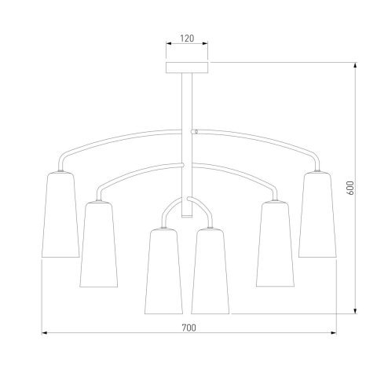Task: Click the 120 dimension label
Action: (x=187, y=38)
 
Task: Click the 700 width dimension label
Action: (x=188, y=328)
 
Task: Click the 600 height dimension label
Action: (x=350, y=188)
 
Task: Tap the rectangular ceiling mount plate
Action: (x=187, y=68)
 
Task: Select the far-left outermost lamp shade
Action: (x=60, y=214)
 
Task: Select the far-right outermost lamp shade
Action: (x=317, y=214)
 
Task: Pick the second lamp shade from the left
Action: (x=99, y=244)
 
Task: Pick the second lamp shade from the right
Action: (x=275, y=244)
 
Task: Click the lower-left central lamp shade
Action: (x=163, y=271)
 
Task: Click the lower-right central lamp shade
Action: (x=210, y=271)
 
